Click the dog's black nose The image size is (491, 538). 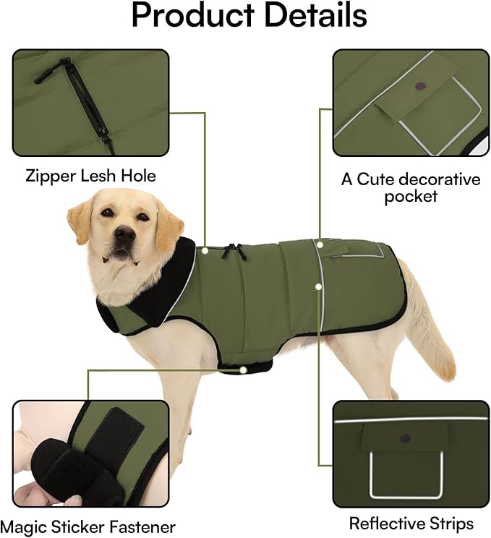[x=124, y=233]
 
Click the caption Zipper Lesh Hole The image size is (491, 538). [x=90, y=175]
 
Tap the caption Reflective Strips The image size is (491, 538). [x=411, y=523]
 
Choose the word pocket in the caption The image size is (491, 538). [x=410, y=196]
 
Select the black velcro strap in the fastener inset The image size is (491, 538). [x=119, y=434]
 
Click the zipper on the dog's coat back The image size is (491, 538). [x=231, y=251]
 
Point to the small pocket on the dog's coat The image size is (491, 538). [x=362, y=249]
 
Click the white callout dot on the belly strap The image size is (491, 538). [x=244, y=369]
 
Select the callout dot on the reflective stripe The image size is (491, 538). [x=318, y=286]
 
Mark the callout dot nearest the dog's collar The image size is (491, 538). [x=205, y=251]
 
